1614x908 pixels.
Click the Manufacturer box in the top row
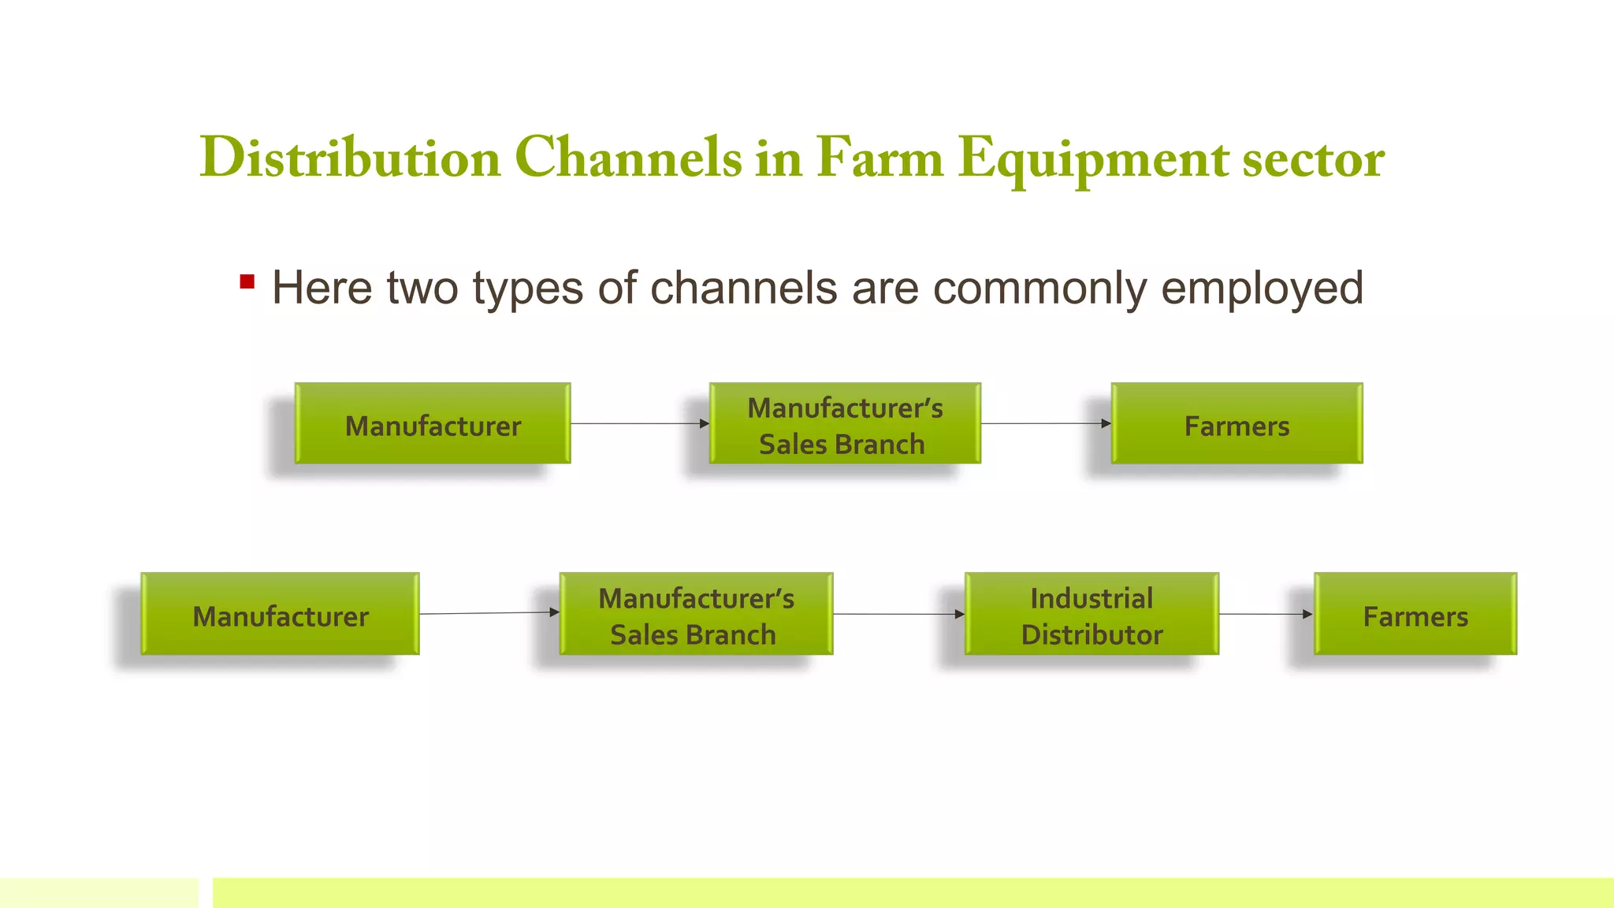click(x=433, y=423)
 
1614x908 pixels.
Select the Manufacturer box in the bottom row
click(x=280, y=614)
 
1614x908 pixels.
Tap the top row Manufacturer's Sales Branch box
click(x=845, y=423)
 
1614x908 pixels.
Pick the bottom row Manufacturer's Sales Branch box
click(x=696, y=614)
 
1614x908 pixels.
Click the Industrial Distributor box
click(x=1091, y=614)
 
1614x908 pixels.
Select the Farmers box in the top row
click(x=1237, y=423)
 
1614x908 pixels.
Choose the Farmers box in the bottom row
click(x=1415, y=614)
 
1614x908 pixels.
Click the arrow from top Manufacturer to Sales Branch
click(x=639, y=423)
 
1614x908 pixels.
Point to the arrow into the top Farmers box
click(x=1046, y=423)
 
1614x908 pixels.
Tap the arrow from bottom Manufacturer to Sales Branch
click(x=489, y=613)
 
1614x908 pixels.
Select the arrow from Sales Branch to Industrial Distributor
click(x=898, y=614)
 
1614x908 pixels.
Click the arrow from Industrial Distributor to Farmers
click(x=1266, y=614)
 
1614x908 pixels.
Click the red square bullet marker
click(x=247, y=282)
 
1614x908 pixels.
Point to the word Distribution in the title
click(x=351, y=158)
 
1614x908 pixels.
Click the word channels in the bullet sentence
click(x=743, y=288)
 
